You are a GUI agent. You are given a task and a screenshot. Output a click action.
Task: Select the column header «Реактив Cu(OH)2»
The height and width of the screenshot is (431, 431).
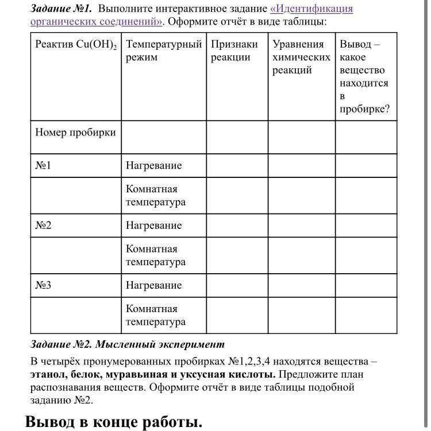[x=75, y=45]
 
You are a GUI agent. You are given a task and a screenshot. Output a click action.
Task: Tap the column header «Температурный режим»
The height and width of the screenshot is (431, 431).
[x=164, y=51]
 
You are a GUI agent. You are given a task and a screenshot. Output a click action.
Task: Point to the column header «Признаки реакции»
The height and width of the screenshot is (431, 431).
[x=234, y=51]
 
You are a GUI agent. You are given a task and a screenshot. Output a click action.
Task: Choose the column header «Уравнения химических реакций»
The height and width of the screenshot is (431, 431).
[x=301, y=57]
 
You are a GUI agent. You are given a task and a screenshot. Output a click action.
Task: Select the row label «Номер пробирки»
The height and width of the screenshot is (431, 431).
[x=75, y=133]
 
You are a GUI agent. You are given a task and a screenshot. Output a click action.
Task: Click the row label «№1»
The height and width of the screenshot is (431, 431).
[x=44, y=166]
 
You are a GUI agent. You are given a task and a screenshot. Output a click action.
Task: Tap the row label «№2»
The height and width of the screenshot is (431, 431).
[x=44, y=226]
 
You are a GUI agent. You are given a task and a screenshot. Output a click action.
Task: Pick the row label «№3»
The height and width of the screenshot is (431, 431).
[x=44, y=285]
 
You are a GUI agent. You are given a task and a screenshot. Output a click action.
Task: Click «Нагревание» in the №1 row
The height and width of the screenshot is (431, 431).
[x=153, y=166]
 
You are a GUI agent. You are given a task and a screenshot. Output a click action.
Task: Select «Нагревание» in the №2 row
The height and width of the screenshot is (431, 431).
[x=153, y=226]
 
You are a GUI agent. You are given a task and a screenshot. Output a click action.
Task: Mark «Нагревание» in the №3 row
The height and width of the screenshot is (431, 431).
[x=153, y=285]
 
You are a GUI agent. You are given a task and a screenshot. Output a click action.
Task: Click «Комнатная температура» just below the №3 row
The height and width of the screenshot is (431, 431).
[x=156, y=316]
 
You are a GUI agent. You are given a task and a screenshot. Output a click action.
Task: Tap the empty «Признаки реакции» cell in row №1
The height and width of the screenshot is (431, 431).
[x=237, y=166]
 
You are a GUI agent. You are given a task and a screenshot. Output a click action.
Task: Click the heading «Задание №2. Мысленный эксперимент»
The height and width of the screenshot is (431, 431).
[x=128, y=344]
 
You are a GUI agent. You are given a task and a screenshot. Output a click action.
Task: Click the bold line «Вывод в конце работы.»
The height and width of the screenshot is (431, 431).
[x=114, y=422]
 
